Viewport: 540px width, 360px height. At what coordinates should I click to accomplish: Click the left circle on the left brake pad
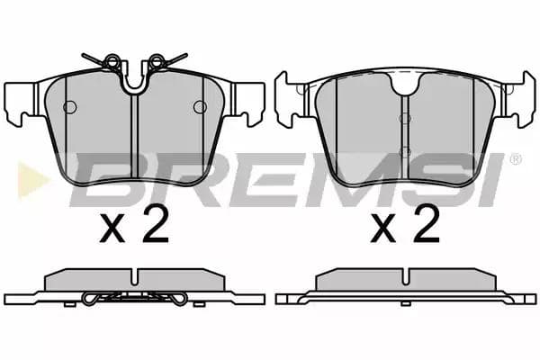(x=70, y=107)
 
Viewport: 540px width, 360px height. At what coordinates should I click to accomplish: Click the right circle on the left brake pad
(x=200, y=107)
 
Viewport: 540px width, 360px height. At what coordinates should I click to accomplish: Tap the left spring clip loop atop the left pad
(x=112, y=61)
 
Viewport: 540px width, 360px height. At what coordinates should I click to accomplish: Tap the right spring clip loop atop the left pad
(x=157, y=61)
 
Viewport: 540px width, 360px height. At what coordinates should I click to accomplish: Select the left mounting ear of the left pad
(x=20, y=103)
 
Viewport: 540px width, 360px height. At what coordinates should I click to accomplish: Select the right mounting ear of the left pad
(x=248, y=103)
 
